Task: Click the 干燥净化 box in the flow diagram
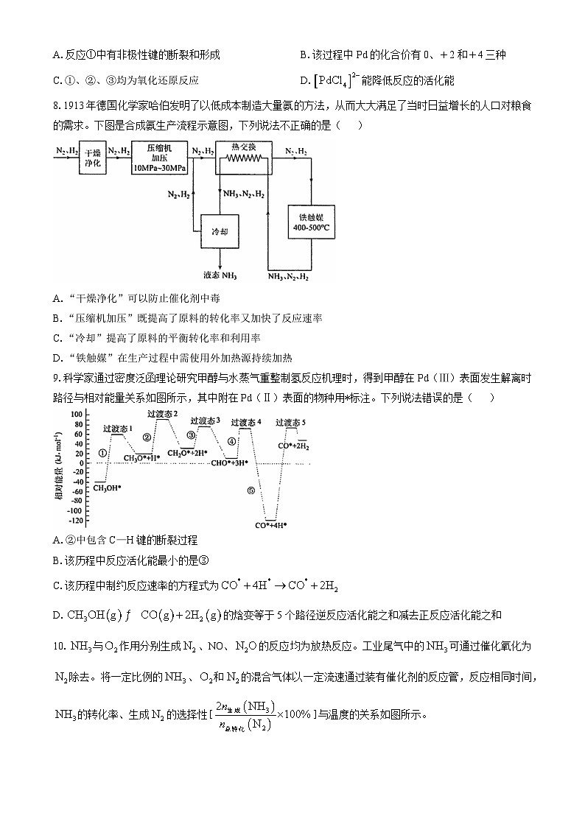[x=92, y=157]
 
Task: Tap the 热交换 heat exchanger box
[x=243, y=157]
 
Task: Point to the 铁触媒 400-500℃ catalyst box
[x=311, y=222]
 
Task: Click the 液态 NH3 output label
[x=220, y=276]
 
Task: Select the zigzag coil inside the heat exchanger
[x=244, y=159]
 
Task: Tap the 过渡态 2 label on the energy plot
[x=162, y=415]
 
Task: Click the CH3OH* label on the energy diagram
[x=108, y=488]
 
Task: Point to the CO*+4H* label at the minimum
[x=270, y=525]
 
